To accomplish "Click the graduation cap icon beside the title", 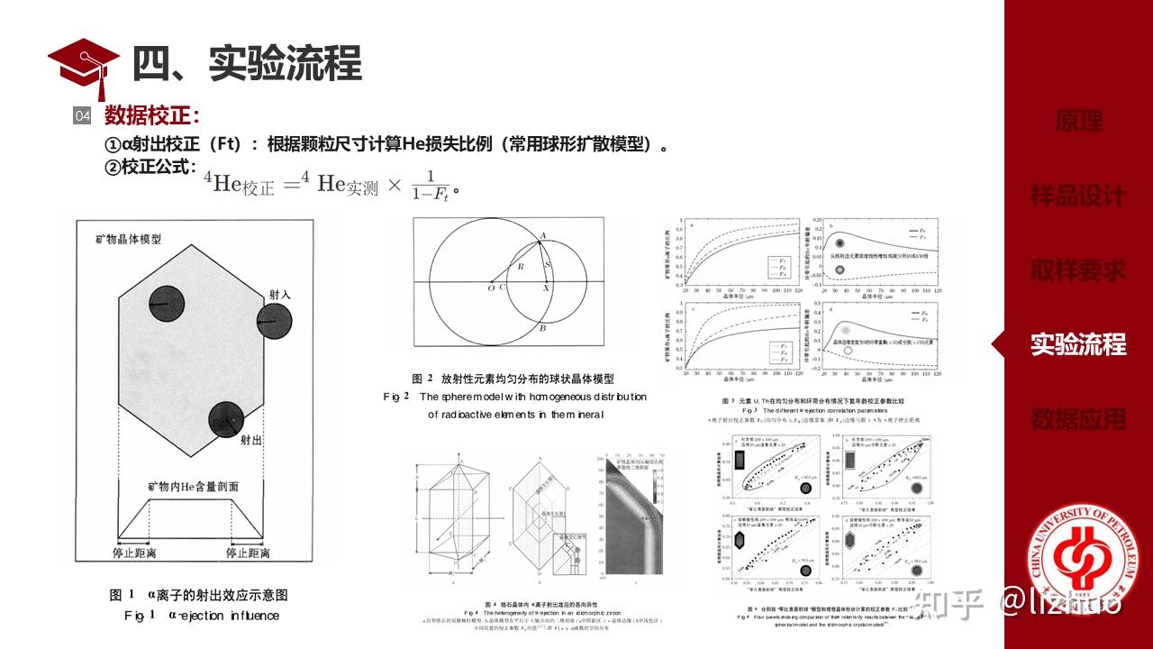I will point(84,65).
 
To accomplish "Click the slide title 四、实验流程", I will point(247,64).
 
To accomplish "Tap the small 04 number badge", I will point(82,116).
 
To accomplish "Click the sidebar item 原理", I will point(1078,122).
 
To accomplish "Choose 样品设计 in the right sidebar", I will point(1078,196).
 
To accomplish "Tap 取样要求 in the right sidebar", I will point(1078,270).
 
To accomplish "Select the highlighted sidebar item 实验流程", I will point(1078,344).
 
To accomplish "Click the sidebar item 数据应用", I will point(1078,418).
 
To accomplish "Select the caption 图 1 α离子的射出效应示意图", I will point(198,595).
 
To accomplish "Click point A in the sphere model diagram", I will point(541,236).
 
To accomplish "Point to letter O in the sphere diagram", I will point(490,288).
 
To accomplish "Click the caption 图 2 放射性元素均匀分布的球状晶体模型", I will point(513,379).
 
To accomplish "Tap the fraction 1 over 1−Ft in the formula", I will point(430,184).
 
